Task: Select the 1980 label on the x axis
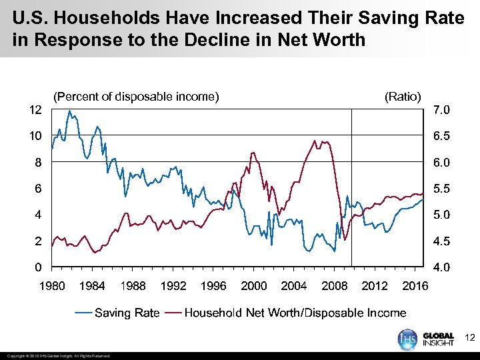52,286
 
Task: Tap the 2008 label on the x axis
335,286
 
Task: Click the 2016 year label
415,286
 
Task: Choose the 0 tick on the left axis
39,267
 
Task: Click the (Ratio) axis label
403,97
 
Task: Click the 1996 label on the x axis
213,286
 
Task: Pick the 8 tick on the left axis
39,162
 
